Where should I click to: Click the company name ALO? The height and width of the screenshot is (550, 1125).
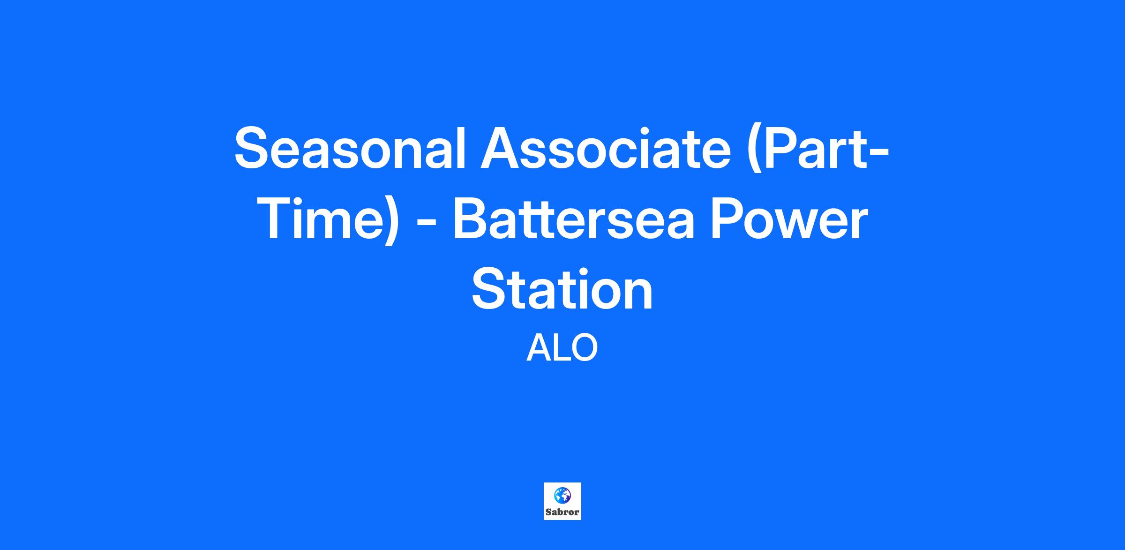(562, 348)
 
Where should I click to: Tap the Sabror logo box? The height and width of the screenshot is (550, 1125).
(562, 501)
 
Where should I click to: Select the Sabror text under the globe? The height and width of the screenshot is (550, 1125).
(562, 512)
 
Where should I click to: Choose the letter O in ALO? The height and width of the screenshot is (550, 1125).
(583, 348)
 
